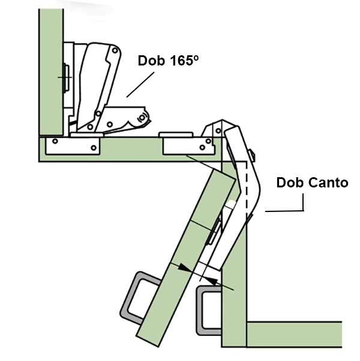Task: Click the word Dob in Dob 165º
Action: point(152,61)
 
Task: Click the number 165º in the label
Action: point(182,61)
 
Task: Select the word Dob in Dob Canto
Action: point(289,183)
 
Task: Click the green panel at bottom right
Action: point(300,333)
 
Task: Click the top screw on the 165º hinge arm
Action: point(109,52)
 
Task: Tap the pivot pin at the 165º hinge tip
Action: point(142,117)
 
